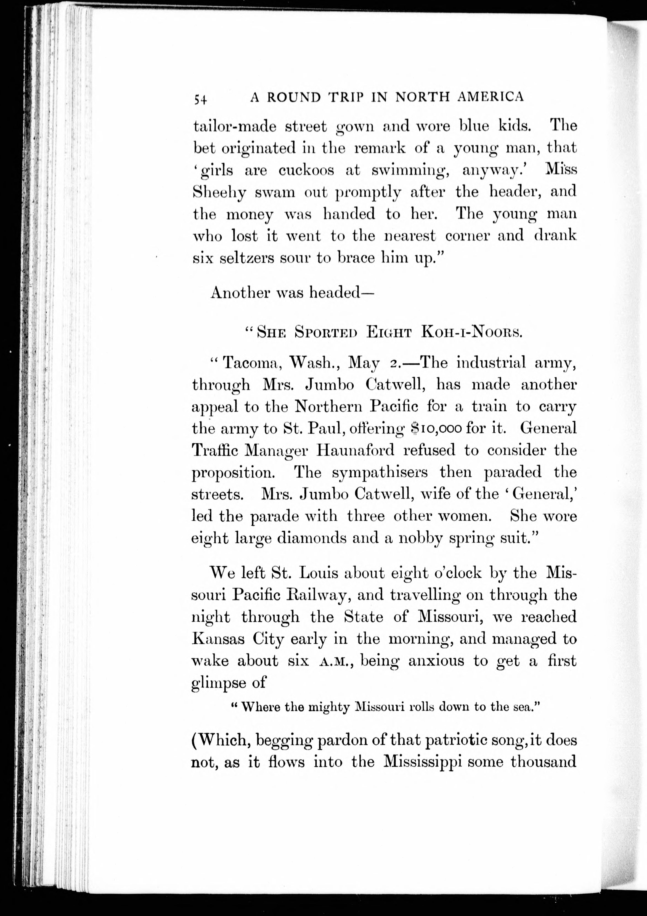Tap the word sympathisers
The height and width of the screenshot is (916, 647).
[x=380, y=472]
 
